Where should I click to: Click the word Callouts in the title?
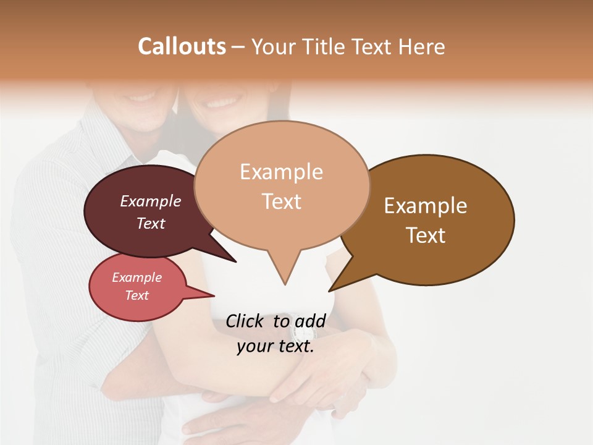click(182, 46)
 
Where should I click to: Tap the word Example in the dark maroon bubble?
click(151, 201)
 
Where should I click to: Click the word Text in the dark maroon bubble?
click(151, 223)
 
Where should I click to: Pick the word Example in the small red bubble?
click(137, 278)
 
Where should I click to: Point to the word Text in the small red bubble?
click(137, 295)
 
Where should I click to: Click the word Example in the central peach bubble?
click(281, 172)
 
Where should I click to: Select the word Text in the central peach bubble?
click(281, 201)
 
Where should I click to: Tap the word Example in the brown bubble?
click(426, 206)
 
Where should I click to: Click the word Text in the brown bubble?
click(426, 235)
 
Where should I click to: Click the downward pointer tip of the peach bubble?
click(285, 283)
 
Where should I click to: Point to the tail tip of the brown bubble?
click(330, 289)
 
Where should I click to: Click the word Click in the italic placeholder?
click(246, 321)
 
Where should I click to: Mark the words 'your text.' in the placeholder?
click(275, 346)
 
